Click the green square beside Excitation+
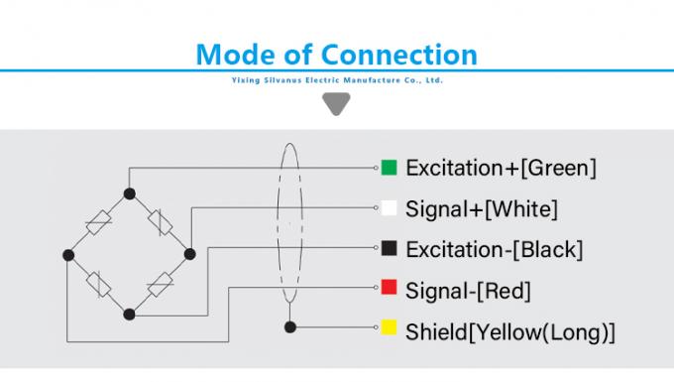coord(390,168)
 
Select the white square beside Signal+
coord(390,208)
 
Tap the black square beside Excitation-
coord(390,248)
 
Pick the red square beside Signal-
coord(390,289)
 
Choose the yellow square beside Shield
coord(390,328)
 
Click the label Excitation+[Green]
coord(501,168)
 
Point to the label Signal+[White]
coord(482,208)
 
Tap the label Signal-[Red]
coord(469,290)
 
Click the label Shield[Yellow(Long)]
coord(510,330)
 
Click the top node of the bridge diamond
coord(129,192)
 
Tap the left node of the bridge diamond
coord(68,255)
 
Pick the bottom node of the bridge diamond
coord(129,315)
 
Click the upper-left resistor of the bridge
coord(99,223)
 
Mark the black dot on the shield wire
coord(288,327)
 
